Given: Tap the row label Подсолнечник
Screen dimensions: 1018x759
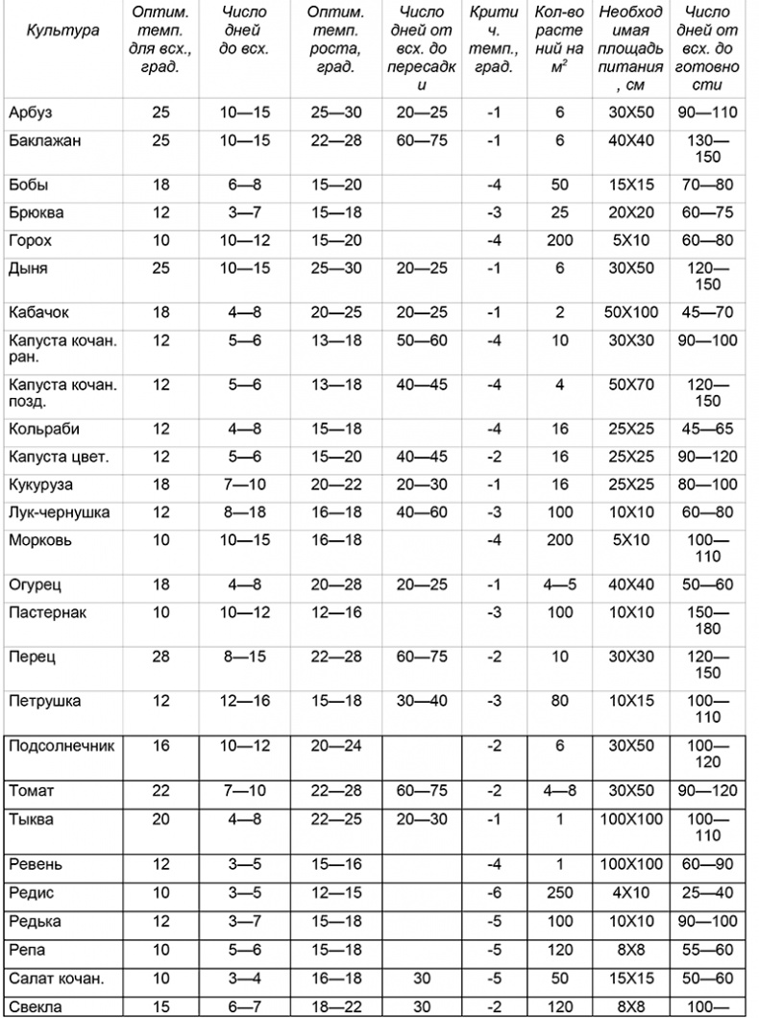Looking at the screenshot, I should coord(60,746).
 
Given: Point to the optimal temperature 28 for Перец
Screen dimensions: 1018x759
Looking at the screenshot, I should coord(161,658).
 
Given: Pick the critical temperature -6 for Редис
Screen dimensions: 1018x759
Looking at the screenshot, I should coord(494,893).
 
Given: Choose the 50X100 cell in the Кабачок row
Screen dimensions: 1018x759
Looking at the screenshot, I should coord(631,312).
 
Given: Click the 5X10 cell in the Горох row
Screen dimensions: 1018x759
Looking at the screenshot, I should coord(631,240).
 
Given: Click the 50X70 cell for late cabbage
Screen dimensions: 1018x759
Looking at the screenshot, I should coord(631,385).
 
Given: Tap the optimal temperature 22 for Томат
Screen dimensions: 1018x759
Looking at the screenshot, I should coord(161,791).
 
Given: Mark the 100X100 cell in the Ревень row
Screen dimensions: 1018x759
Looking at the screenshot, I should coord(631,864).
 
